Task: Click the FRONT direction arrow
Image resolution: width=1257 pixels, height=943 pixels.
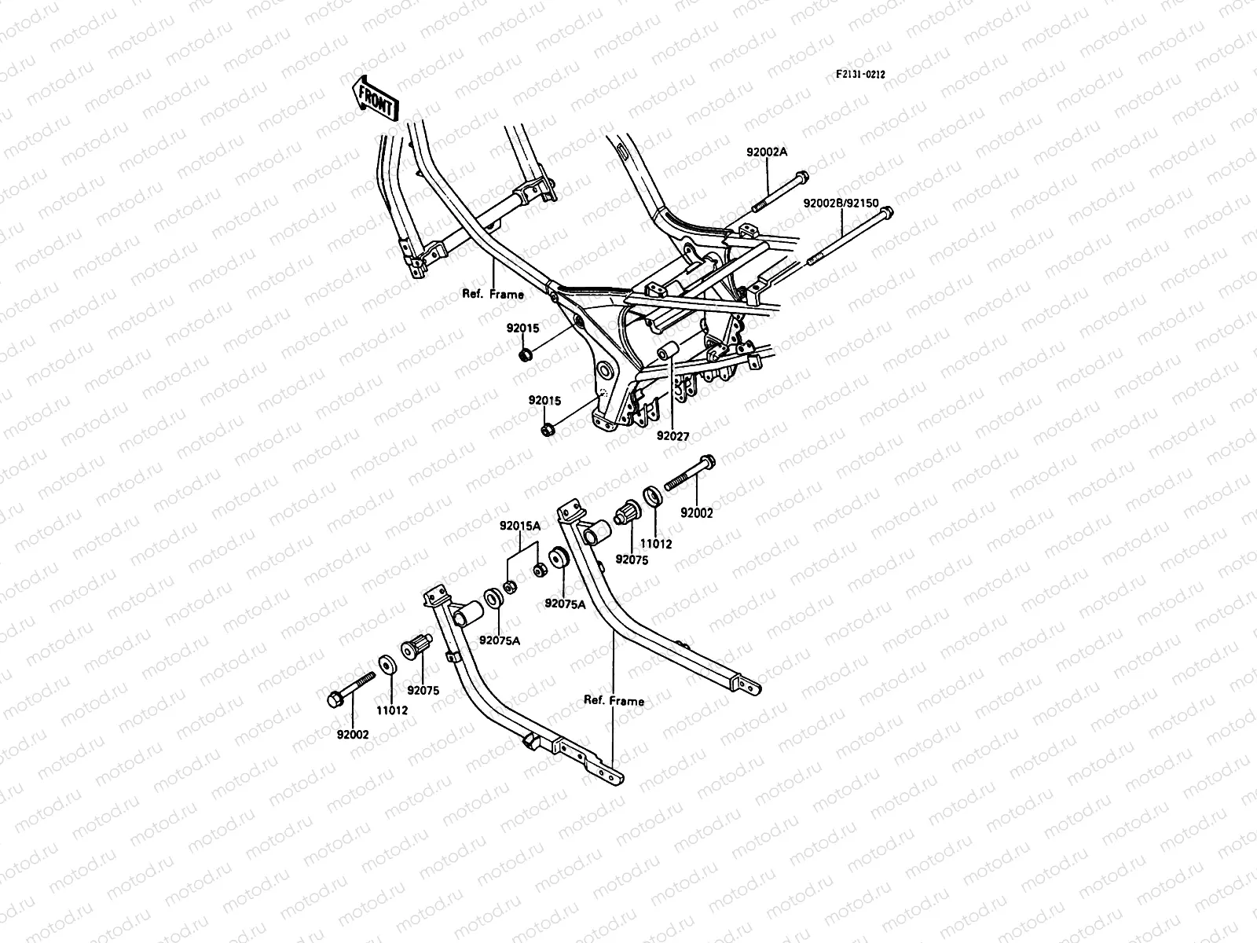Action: [x=376, y=97]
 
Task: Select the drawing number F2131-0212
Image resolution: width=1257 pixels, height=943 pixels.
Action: [x=860, y=75]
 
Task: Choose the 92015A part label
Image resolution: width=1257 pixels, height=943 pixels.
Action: [x=519, y=527]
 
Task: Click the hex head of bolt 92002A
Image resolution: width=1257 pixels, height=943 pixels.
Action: [x=801, y=177]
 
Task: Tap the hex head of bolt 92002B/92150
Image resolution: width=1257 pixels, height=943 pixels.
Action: [x=886, y=213]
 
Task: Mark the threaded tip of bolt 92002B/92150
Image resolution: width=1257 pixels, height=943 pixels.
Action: [x=811, y=265]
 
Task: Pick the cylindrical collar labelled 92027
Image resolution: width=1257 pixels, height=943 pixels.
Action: [x=668, y=351]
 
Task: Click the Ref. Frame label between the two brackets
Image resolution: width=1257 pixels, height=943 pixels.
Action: [x=614, y=700]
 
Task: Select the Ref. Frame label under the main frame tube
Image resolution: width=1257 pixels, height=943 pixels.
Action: [x=493, y=294]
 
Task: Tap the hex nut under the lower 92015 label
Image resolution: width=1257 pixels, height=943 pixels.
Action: [x=548, y=429]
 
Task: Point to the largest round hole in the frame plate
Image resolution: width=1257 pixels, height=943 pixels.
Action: [x=604, y=371]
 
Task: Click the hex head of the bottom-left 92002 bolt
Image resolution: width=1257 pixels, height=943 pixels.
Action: [x=334, y=697]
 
